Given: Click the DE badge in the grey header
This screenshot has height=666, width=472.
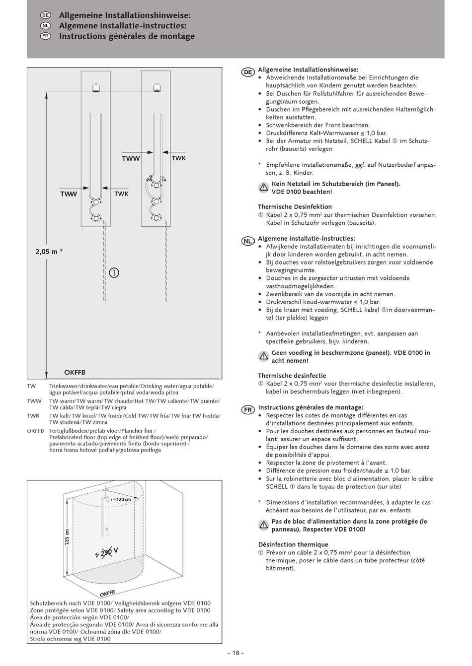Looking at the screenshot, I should (45, 15).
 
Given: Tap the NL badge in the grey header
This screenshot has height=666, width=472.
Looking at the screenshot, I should (45, 26).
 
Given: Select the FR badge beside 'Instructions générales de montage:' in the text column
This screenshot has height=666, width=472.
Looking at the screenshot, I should (248, 409).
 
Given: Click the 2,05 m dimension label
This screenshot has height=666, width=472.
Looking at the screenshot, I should (49, 252).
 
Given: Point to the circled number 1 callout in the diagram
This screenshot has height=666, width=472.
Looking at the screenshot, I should (114, 272).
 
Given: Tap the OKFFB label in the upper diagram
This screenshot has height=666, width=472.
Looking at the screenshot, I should (75, 372).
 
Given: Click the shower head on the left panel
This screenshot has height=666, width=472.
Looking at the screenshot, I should (95, 87).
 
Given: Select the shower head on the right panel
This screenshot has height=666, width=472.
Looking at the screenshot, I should (156, 87).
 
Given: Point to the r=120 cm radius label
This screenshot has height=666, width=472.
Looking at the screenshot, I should (121, 499).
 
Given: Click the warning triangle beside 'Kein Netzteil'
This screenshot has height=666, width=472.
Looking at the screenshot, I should (263, 188).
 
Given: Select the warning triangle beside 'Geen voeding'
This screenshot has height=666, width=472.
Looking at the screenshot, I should (263, 356).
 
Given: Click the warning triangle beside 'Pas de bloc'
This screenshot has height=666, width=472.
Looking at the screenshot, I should (263, 525).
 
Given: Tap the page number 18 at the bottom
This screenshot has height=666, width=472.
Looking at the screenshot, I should (236, 653).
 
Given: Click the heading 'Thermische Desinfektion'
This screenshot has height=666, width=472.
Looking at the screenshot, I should (295, 206).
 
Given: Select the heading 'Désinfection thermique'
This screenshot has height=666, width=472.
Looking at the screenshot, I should (293, 544).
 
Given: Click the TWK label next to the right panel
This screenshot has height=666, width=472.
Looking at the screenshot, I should (178, 158).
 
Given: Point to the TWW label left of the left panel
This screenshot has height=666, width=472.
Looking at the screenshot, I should (69, 194).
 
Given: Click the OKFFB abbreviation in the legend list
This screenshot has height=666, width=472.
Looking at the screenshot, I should (36, 431).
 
